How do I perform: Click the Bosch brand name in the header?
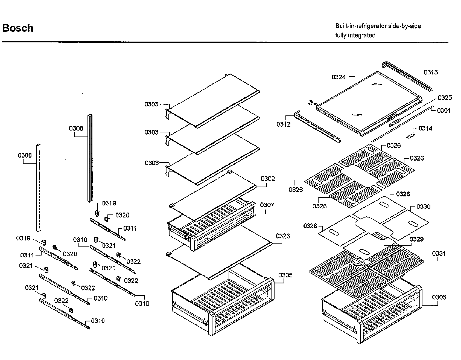click(18, 28)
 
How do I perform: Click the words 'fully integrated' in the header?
click(355, 35)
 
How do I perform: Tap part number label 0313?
click(431, 72)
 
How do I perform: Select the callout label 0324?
click(339, 77)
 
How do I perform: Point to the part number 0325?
click(445, 98)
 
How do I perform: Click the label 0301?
click(444, 111)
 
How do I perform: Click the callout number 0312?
click(284, 124)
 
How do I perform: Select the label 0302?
click(268, 179)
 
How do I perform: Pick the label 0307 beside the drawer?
click(267, 205)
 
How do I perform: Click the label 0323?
click(283, 236)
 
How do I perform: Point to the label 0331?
click(439, 254)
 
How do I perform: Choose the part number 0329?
click(416, 239)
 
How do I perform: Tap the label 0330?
click(423, 207)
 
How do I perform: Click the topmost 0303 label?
click(151, 104)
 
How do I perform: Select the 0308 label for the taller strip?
click(76, 128)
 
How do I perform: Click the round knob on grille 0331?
click(358, 262)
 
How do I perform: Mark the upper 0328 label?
click(403, 194)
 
